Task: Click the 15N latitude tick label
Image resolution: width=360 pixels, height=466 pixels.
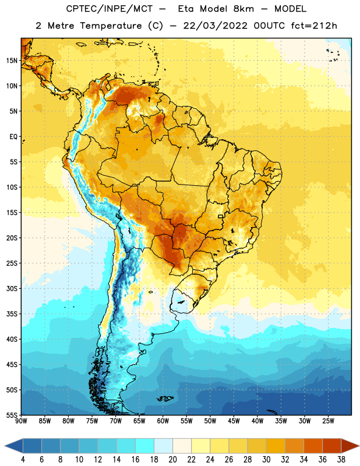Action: coord(12,61)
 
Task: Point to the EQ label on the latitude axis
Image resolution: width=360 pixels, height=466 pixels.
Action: coord(13,137)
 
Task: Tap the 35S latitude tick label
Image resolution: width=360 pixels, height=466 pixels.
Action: coord(12,314)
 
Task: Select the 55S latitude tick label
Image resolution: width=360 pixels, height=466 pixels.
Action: coord(12,415)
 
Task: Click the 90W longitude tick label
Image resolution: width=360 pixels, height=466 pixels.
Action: coord(21,421)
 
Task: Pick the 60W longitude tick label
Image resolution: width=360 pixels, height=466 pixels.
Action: coord(163,421)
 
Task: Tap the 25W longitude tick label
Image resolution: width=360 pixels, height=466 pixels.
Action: coord(328,421)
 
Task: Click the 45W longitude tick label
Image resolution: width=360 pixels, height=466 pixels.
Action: coord(234,421)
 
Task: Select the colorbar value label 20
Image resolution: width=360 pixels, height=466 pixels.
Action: coord(172,460)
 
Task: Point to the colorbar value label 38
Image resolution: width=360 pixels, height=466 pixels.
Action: coord(341,460)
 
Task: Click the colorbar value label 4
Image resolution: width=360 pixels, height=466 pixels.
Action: coord(23,460)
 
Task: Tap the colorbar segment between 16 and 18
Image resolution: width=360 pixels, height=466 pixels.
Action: coord(145,446)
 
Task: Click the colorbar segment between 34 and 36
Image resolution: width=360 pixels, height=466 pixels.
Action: coord(313,446)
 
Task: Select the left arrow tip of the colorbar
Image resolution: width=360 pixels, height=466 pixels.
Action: coord(5,446)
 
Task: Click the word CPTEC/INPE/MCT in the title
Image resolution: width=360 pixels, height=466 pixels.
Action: coord(110,9)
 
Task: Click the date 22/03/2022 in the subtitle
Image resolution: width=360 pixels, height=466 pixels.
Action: coord(215,26)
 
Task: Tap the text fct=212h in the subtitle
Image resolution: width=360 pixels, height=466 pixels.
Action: coord(314,26)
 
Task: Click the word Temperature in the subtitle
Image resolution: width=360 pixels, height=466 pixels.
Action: coord(111,26)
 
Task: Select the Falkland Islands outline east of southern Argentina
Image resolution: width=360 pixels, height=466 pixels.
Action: coord(165,398)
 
